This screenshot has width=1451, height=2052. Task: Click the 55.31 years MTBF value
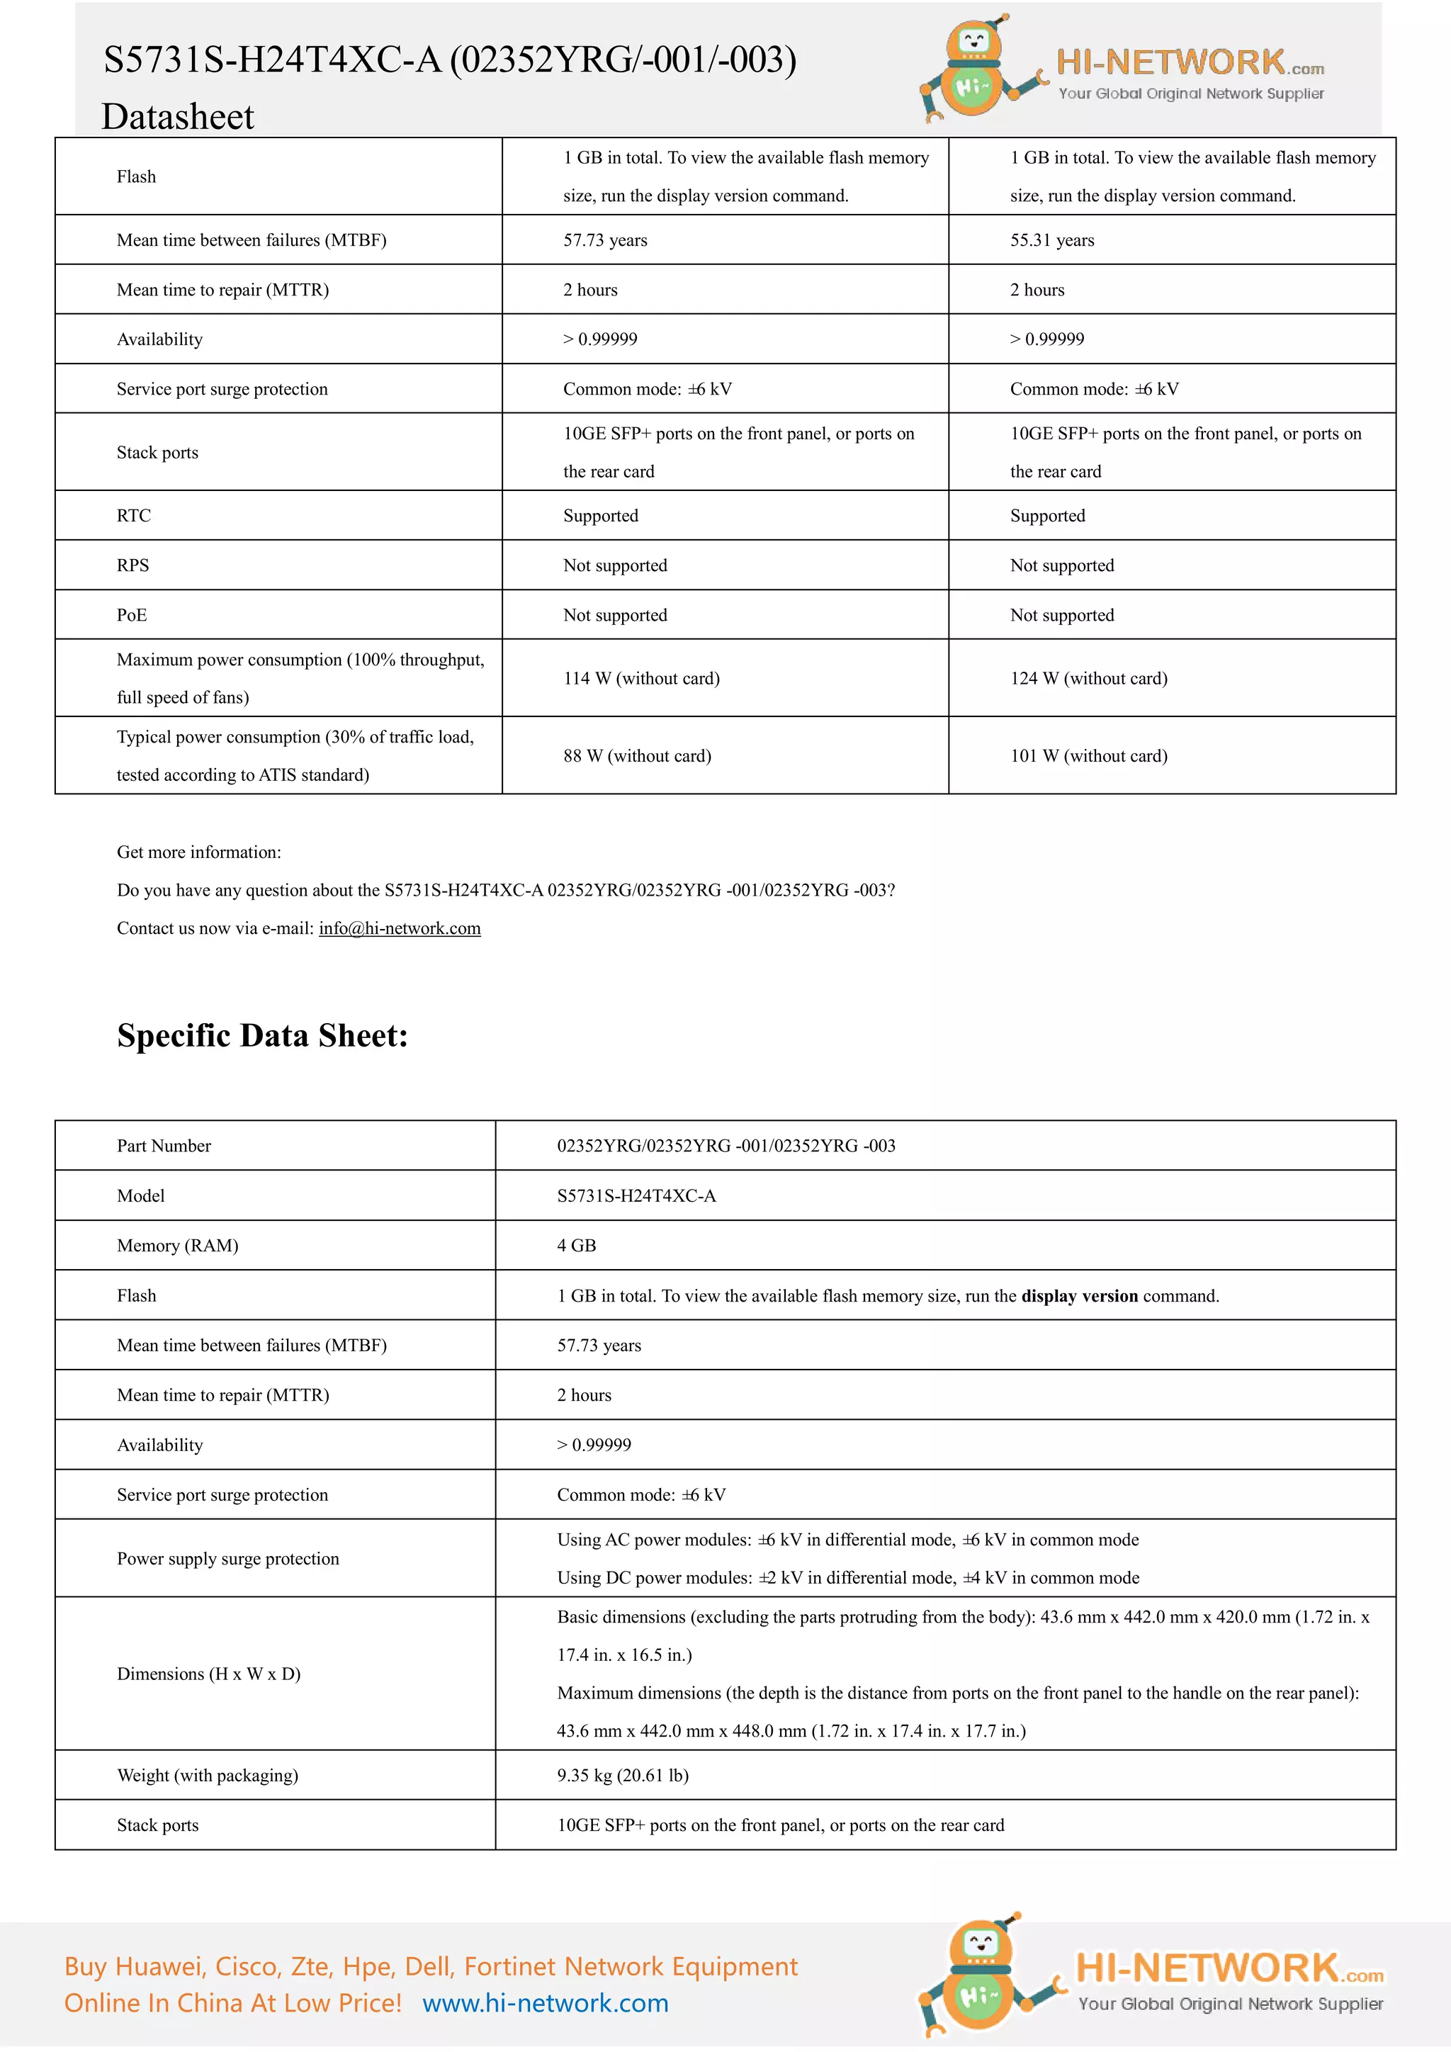tap(1051, 240)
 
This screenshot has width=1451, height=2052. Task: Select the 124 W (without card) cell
tap(1088, 678)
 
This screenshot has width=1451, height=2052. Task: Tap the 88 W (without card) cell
tap(637, 756)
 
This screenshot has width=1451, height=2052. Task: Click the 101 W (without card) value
tap(1088, 756)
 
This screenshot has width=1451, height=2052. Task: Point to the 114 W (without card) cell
tap(640, 678)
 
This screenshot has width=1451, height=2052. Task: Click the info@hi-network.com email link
tap(400, 929)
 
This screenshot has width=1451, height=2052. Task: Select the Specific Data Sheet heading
tap(263, 1036)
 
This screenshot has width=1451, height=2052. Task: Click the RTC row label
tap(134, 516)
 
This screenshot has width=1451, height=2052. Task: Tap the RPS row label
tap(133, 565)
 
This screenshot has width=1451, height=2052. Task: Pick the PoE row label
tap(131, 616)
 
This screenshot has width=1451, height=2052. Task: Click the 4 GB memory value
tap(576, 1246)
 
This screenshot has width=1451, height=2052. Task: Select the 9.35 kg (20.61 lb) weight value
tap(623, 1776)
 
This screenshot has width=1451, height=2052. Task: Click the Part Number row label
tap(164, 1146)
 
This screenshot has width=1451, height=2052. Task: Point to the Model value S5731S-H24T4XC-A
tap(636, 1197)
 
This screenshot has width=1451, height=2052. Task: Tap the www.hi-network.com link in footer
tap(545, 2004)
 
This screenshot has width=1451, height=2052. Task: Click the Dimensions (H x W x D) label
tap(208, 1674)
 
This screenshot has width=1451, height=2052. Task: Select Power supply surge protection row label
tap(228, 1559)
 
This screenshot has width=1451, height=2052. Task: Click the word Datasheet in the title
tap(178, 117)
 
